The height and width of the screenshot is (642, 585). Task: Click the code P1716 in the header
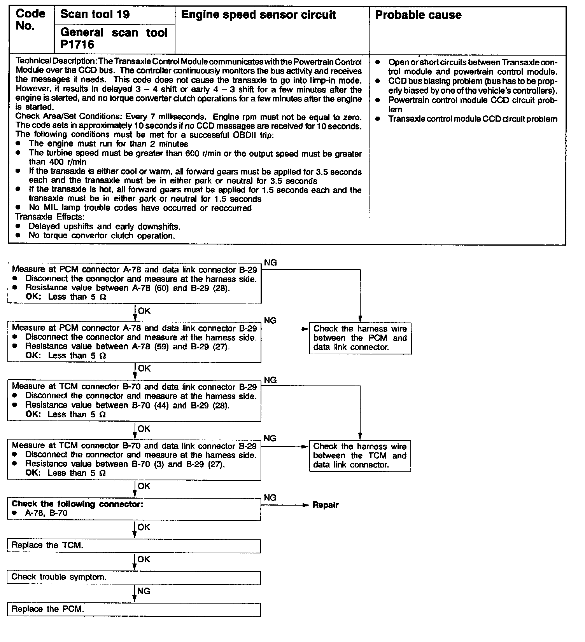[77, 45]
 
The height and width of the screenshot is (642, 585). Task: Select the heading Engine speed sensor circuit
[258, 15]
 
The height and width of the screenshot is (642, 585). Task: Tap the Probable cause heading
[418, 15]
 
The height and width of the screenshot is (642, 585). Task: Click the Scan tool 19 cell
[95, 15]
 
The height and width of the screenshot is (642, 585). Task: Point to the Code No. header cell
[30, 20]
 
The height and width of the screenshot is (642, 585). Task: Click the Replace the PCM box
[133, 609]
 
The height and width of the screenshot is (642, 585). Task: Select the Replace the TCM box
[133, 546]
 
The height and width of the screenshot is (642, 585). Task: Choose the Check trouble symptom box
[133, 577]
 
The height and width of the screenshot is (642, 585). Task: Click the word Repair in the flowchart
[326, 505]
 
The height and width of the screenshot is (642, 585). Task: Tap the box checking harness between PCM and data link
[360, 338]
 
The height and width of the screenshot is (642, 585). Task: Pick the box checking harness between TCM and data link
[360, 456]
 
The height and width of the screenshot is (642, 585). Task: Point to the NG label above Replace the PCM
[144, 591]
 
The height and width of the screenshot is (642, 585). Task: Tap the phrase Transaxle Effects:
[50, 217]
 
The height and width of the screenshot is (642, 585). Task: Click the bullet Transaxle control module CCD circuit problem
[473, 119]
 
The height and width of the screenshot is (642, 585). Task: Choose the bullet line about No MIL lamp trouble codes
[140, 208]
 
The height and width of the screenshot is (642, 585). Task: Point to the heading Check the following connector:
[77, 504]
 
